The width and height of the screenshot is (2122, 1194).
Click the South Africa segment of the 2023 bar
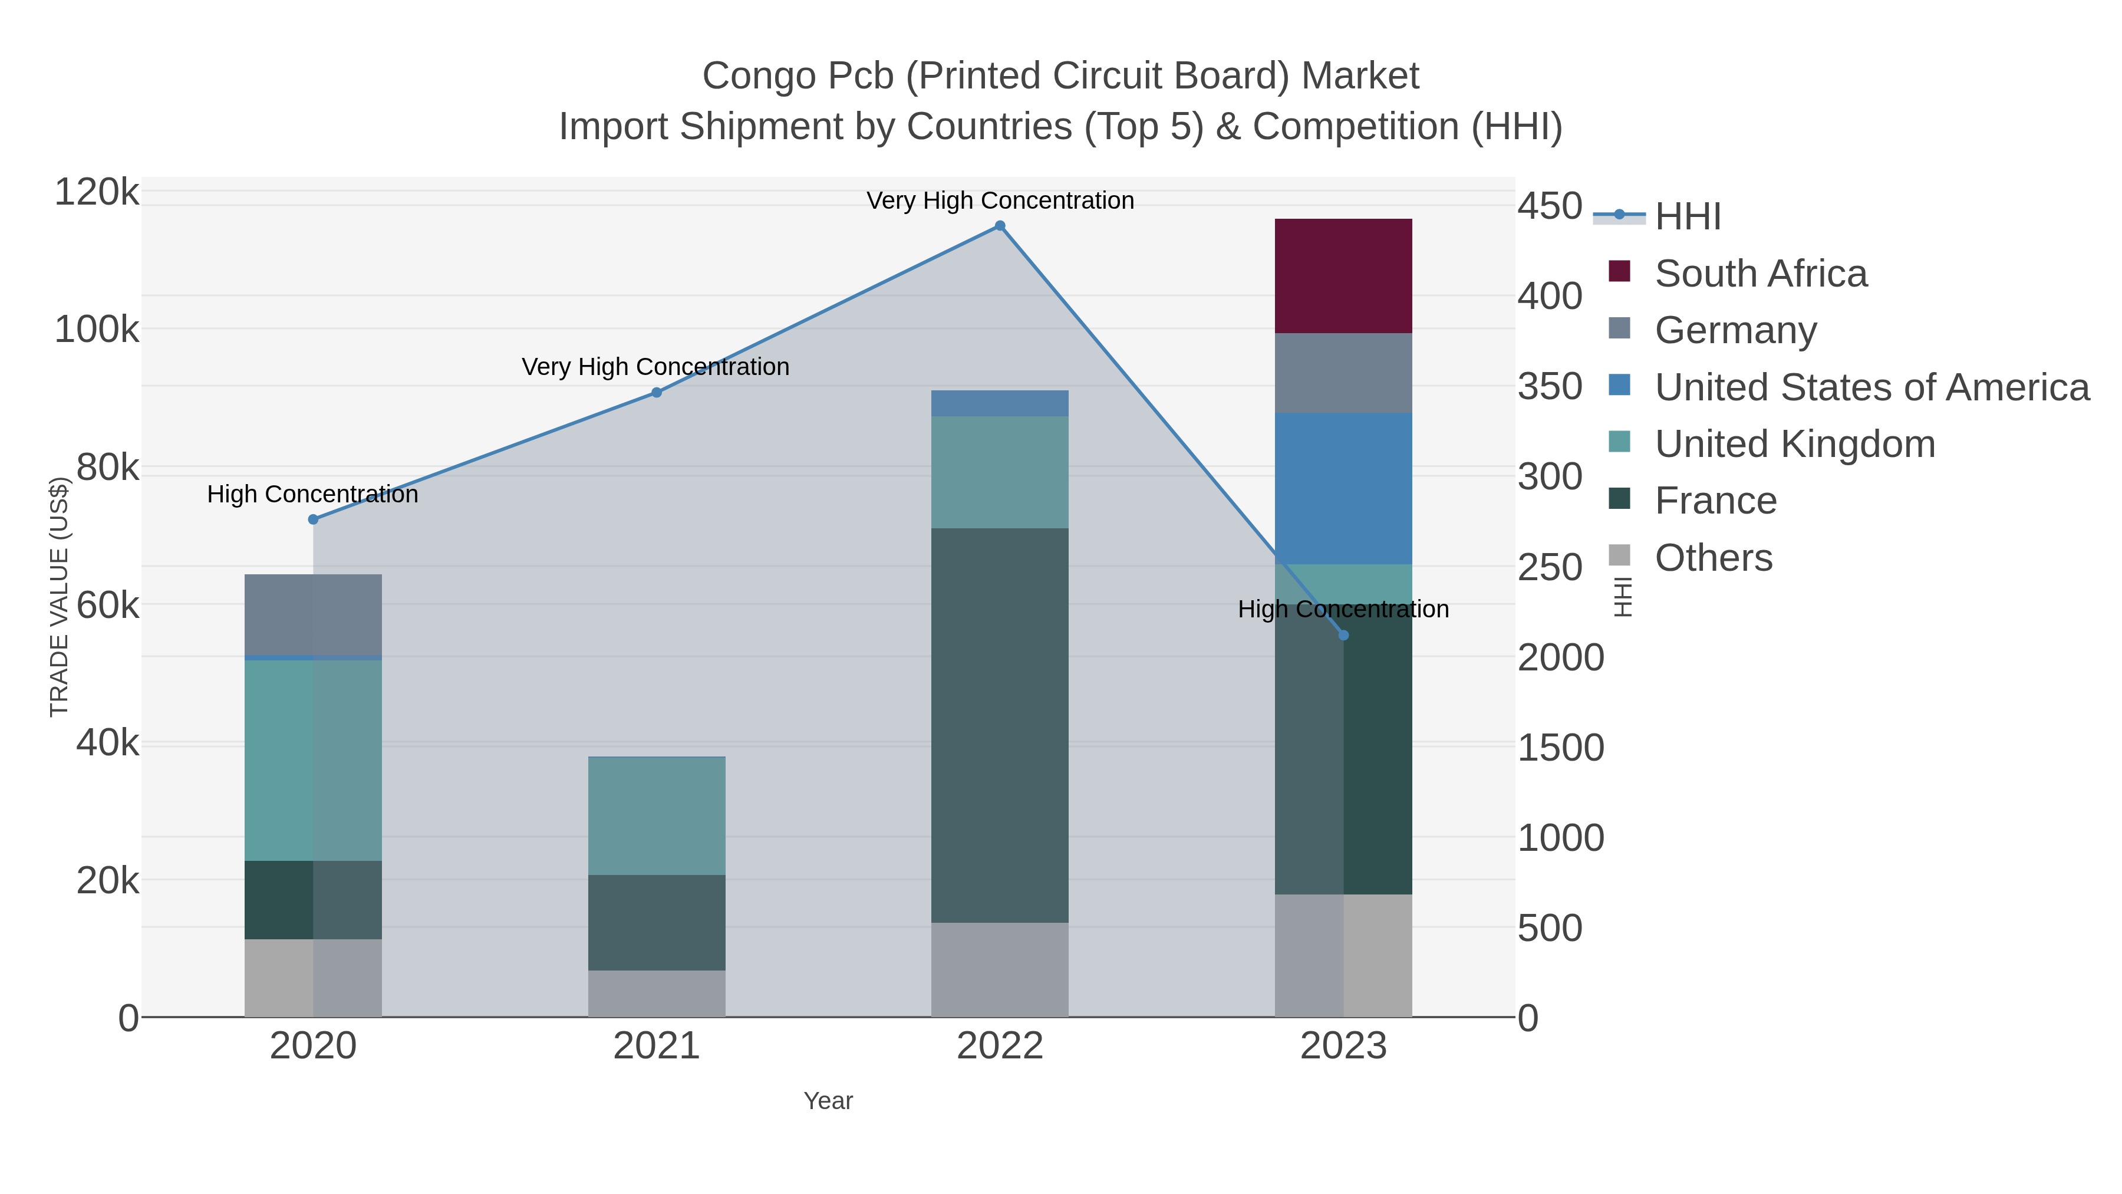click(x=1343, y=275)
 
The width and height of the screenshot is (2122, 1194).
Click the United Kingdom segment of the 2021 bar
click(x=657, y=816)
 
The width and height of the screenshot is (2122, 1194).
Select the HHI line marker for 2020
click(x=313, y=519)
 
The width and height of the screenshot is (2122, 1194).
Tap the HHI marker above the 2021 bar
click(x=657, y=392)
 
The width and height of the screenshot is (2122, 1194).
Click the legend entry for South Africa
click(x=1760, y=274)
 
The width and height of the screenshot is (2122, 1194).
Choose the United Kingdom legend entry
click(x=1794, y=444)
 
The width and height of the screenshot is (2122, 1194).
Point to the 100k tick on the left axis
click(x=97, y=330)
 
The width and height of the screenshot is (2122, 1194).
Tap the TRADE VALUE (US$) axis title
click(x=60, y=597)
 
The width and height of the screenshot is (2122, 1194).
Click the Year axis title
click(x=828, y=1101)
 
